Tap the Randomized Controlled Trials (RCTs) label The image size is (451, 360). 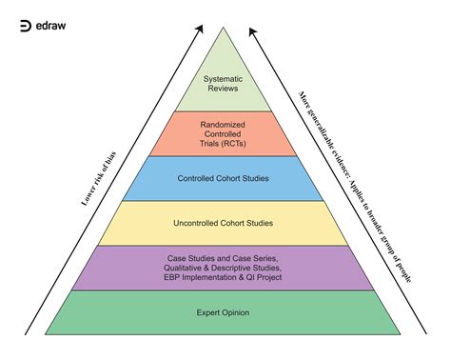click(x=225, y=133)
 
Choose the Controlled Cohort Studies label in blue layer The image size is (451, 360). click(x=225, y=177)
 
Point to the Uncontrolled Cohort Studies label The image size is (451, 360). click(x=225, y=223)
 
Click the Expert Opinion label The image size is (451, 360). click(x=225, y=312)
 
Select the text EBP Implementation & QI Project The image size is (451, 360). click(x=225, y=279)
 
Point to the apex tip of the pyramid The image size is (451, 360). click(x=225, y=28)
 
